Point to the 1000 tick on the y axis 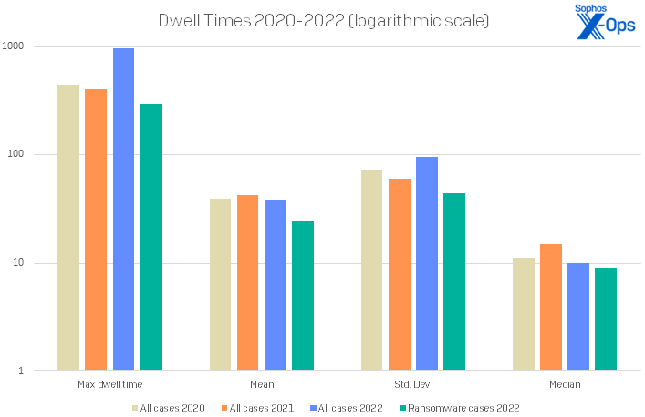pyautogui.click(x=19, y=46)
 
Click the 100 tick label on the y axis pyautogui.click(x=22, y=154)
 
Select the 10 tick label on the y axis pyautogui.click(x=25, y=263)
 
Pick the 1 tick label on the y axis pyautogui.click(x=27, y=371)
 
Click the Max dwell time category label pyautogui.click(x=109, y=385)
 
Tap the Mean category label pyautogui.click(x=262, y=385)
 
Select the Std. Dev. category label pyautogui.click(x=413, y=385)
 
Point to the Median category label pyautogui.click(x=565, y=385)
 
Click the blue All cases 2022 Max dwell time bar pyautogui.click(x=123, y=210)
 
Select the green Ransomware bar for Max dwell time pyautogui.click(x=151, y=237)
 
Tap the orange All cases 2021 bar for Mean pyautogui.click(x=248, y=283)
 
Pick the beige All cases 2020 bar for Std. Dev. pyautogui.click(x=371, y=270)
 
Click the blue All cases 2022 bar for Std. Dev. pyautogui.click(x=427, y=264)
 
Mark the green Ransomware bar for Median pyautogui.click(x=606, y=319)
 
